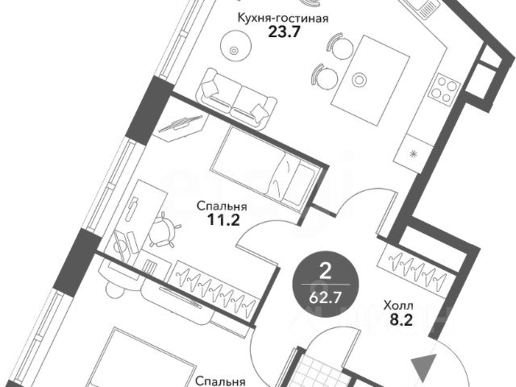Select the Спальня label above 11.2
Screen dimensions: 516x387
click(x=221, y=205)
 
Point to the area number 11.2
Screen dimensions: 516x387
click(x=221, y=218)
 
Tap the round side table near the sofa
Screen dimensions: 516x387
click(x=235, y=50)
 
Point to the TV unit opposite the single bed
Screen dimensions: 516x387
click(x=181, y=127)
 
